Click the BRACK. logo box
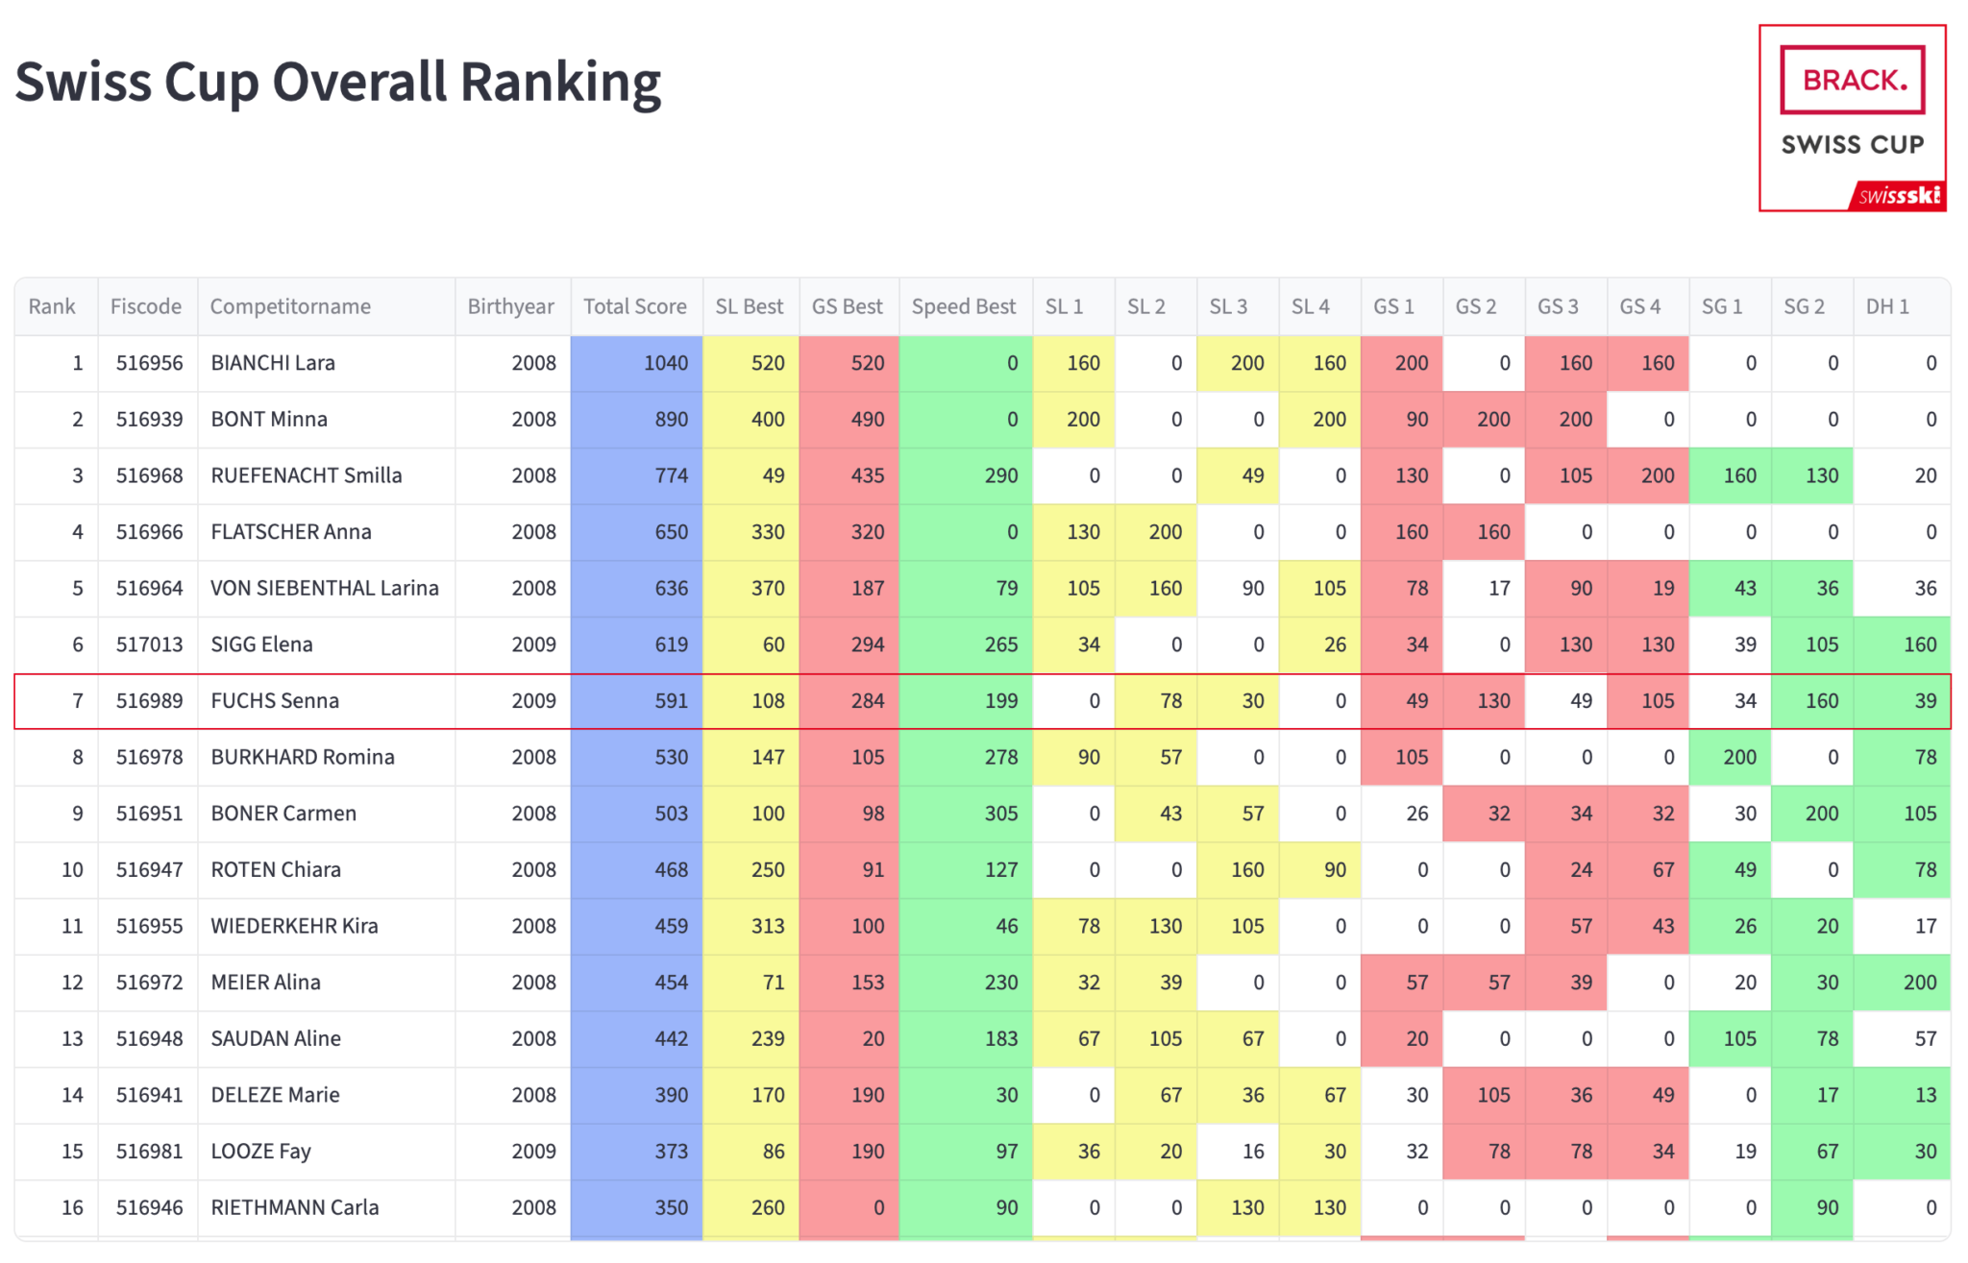coord(1852,80)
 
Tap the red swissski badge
coord(1899,196)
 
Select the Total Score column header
coord(634,306)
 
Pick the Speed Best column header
coord(963,306)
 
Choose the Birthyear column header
coord(510,306)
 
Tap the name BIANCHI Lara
coord(273,363)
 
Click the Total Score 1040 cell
coord(665,363)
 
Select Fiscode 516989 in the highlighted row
coord(149,701)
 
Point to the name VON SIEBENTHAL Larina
coord(324,588)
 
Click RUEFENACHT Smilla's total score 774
coord(671,475)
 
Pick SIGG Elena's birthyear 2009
coord(533,644)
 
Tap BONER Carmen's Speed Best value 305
coord(1000,814)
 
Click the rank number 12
coord(72,983)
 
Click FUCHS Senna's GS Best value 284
coord(867,701)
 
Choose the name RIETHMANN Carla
coord(294,1207)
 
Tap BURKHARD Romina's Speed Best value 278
coord(1000,757)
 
